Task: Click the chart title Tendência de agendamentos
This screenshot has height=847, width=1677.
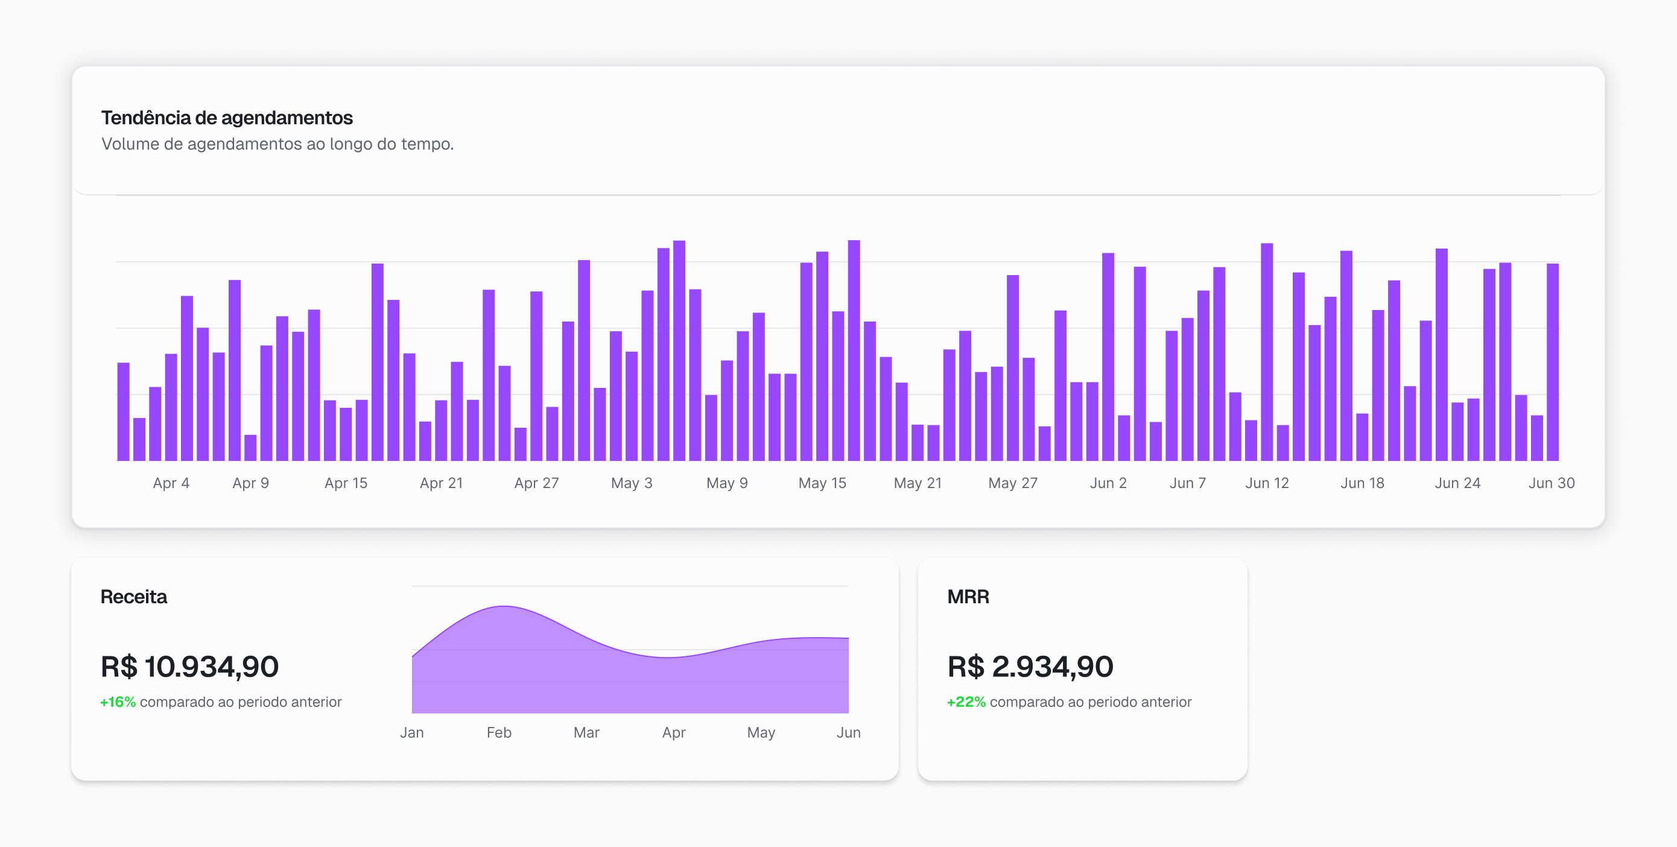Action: [x=227, y=118]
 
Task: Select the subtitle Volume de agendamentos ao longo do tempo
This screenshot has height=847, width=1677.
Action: [x=277, y=144]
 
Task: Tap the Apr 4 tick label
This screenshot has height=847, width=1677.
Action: [x=171, y=483]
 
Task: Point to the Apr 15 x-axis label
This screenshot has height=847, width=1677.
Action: [x=346, y=483]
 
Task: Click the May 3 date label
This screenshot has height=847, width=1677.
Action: [x=631, y=483]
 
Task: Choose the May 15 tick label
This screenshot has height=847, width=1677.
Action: [x=822, y=483]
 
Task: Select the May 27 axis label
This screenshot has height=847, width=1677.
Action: [x=1012, y=483]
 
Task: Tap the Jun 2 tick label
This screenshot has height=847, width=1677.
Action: [x=1108, y=483]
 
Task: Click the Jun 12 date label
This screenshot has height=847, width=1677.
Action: [x=1266, y=483]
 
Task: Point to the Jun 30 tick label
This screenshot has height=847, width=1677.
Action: [x=1551, y=483]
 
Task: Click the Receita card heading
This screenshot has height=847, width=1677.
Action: [x=133, y=597]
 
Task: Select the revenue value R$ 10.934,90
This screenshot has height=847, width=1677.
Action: [x=189, y=667]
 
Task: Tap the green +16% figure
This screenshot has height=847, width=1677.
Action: [x=118, y=702]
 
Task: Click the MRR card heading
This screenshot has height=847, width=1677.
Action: [x=968, y=597]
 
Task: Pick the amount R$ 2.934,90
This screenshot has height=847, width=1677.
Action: [x=1030, y=667]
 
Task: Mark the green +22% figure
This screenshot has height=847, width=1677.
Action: [x=966, y=702]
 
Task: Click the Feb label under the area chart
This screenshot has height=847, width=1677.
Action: [x=499, y=732]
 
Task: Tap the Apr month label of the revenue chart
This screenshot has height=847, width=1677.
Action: [x=673, y=732]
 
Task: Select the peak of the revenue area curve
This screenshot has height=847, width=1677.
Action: [x=504, y=607]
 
